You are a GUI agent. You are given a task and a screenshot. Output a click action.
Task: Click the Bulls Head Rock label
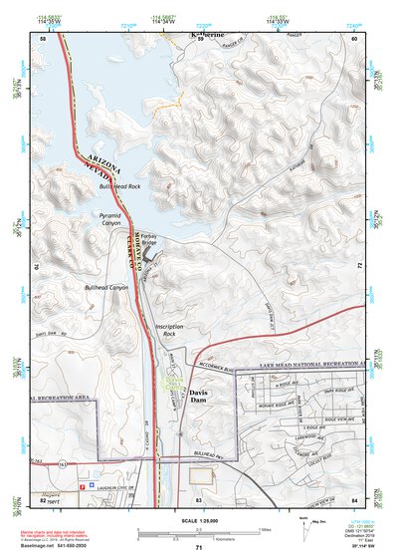[119, 186]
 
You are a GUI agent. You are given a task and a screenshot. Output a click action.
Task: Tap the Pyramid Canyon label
[114, 215]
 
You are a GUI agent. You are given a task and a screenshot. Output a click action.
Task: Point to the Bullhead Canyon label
[106, 288]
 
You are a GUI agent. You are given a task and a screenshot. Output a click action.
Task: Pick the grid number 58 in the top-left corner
[43, 38]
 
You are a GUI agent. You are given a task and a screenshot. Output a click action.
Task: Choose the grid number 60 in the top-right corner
[354, 38]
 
